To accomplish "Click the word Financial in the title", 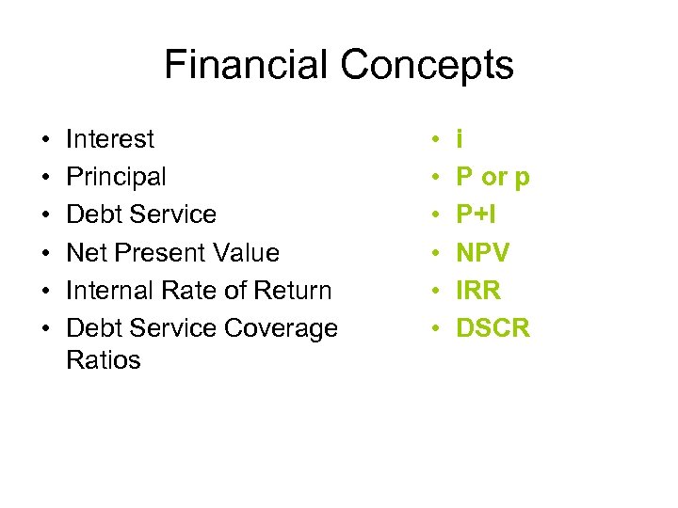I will click(247, 65).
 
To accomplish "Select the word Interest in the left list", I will click(110, 139).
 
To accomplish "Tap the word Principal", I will click(116, 177).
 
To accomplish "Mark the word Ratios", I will click(104, 359).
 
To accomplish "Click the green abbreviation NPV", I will click(483, 252).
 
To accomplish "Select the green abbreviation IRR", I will click(477, 290).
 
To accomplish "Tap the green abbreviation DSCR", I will click(493, 327).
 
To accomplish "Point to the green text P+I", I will click(476, 214).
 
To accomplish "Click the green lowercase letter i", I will click(459, 139).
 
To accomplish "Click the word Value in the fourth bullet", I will click(248, 252).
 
